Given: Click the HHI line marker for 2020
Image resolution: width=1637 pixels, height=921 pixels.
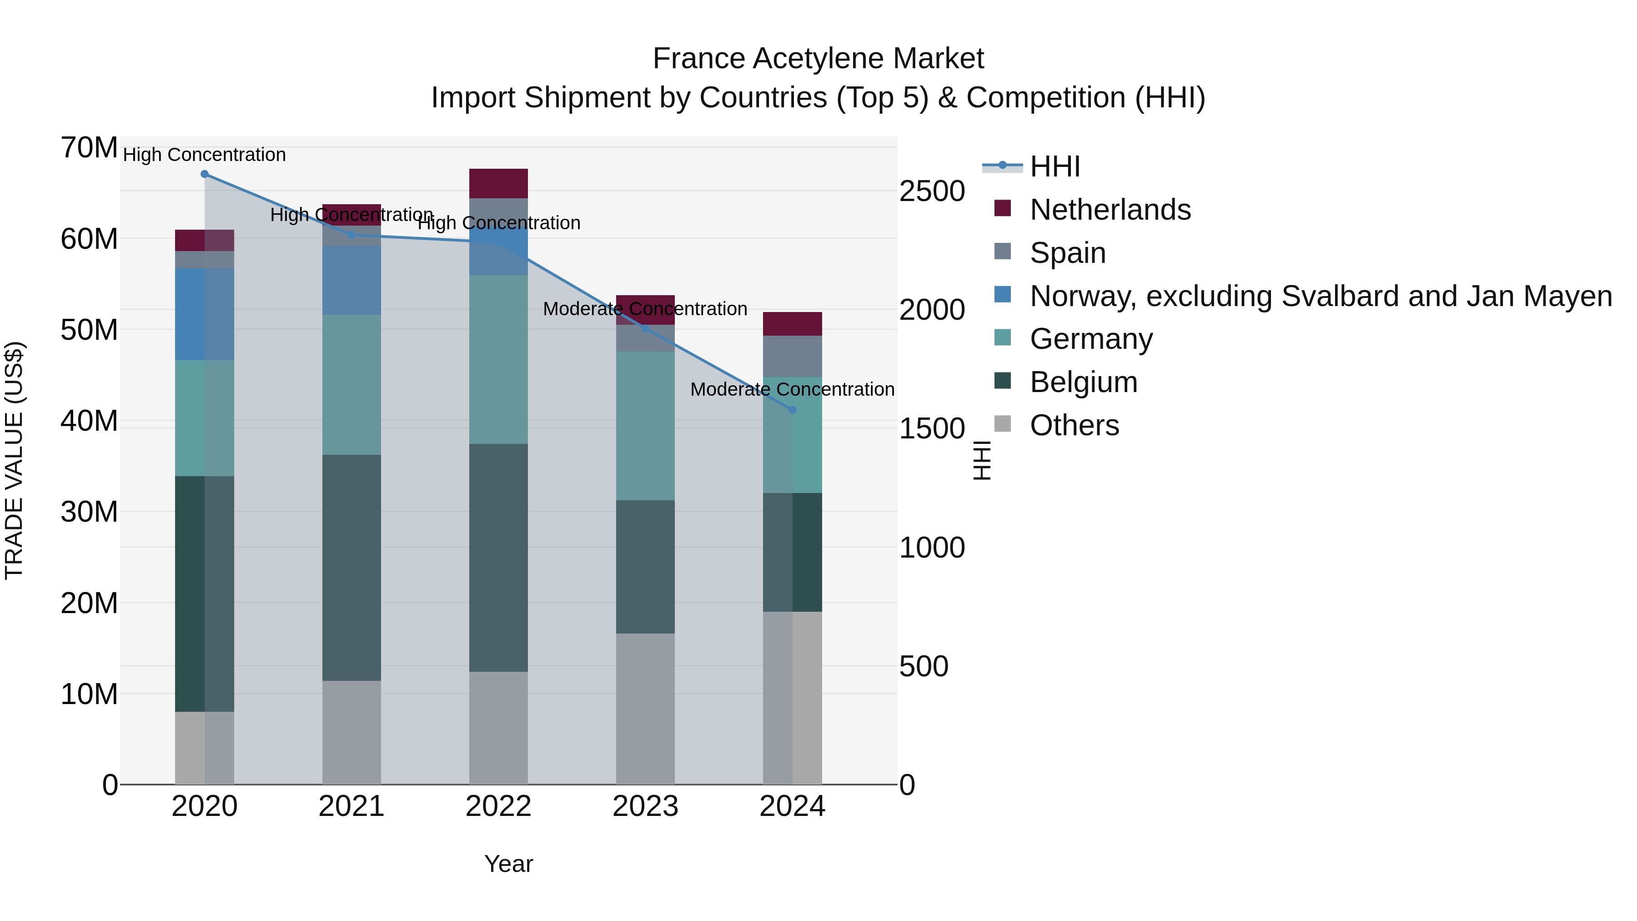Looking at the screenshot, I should [205, 174].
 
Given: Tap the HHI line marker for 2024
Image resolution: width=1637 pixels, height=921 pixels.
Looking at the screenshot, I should [793, 410].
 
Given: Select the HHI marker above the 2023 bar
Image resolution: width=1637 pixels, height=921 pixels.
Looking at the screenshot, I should [646, 329].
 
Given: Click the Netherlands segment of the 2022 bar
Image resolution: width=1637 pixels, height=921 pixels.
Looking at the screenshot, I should [498, 184].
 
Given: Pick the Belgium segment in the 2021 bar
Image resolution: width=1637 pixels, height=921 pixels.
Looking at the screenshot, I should [352, 568].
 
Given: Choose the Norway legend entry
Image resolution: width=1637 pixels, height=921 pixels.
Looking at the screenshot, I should [1321, 296].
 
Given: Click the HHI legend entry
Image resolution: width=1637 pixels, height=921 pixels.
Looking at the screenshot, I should [1055, 166].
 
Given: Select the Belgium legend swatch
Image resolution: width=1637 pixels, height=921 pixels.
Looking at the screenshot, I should [1002, 382].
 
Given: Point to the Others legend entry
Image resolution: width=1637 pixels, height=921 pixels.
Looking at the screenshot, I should [1074, 425].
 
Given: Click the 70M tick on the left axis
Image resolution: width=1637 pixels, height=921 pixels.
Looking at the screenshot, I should [89, 148].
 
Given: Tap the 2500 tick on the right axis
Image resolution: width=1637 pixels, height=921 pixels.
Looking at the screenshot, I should [932, 191].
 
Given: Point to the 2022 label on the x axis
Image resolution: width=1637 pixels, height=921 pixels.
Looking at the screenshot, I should [498, 806].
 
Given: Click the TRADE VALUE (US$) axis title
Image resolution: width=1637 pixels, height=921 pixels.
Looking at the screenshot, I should [15, 460].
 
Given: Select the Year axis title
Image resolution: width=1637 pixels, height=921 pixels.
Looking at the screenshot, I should [508, 864].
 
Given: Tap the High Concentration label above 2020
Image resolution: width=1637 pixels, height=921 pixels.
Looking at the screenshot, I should [204, 155].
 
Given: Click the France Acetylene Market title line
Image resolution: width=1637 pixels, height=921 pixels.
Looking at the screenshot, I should [818, 59].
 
